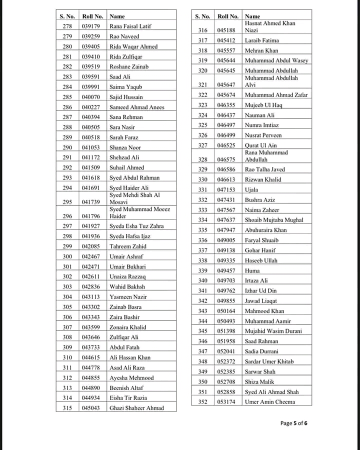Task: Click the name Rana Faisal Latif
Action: [x=130, y=26]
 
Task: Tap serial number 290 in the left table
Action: [x=67, y=147]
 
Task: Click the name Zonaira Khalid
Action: [x=127, y=327]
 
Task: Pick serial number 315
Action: [x=67, y=408]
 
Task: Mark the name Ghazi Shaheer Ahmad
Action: [x=136, y=408]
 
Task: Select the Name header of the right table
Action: [x=252, y=16]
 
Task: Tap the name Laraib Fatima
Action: [x=261, y=40]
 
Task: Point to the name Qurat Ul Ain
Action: [x=260, y=145]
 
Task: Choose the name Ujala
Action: [x=251, y=190]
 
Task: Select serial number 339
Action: [x=202, y=270]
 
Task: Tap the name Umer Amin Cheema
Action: [x=269, y=402]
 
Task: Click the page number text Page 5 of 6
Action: [x=294, y=423]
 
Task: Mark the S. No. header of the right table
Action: [x=202, y=16]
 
